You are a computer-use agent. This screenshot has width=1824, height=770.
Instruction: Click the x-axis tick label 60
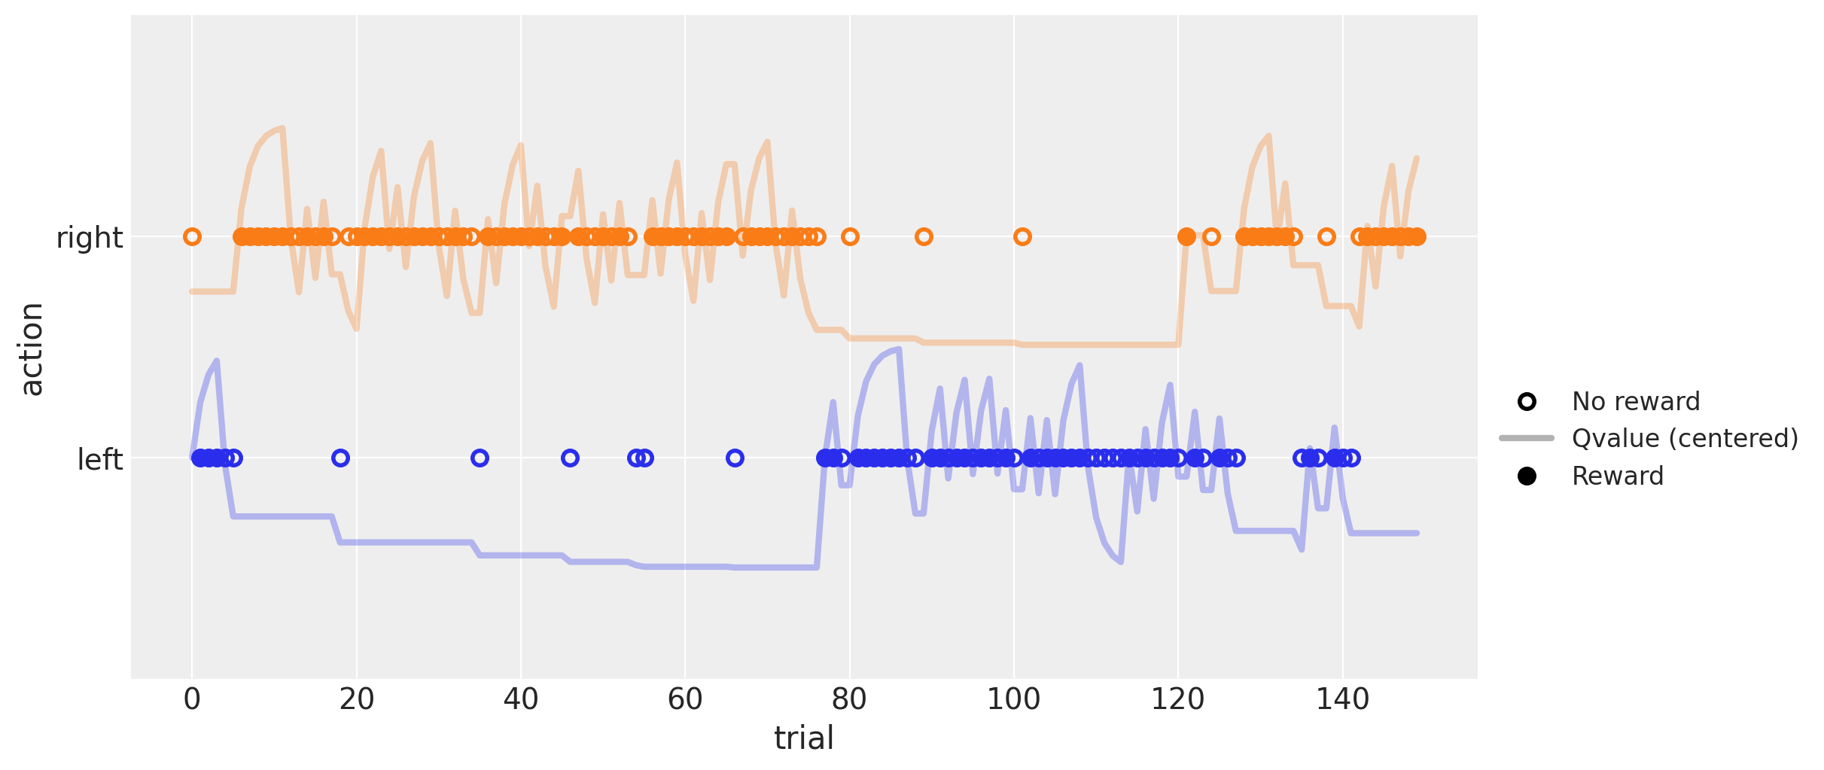(x=684, y=699)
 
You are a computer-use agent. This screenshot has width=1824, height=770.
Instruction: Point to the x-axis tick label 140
(x=1341, y=699)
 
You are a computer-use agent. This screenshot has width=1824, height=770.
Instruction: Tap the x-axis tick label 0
(x=192, y=699)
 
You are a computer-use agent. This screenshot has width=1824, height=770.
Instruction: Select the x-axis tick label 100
(x=1013, y=699)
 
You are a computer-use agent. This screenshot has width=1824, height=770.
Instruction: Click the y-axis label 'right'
(x=90, y=238)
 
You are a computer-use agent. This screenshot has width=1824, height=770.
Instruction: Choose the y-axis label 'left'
(x=99, y=459)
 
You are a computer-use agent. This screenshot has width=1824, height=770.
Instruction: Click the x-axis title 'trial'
(x=803, y=738)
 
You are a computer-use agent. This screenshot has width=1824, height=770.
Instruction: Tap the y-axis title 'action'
(x=32, y=348)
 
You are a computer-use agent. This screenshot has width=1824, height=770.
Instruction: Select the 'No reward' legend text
(x=1635, y=401)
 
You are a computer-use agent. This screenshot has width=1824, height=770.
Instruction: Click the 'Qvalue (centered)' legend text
(x=1685, y=438)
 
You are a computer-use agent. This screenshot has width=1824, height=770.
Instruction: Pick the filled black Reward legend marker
(x=1527, y=476)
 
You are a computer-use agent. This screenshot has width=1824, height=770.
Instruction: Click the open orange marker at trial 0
(x=192, y=237)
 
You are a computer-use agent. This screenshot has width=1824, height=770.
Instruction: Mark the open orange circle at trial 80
(x=850, y=237)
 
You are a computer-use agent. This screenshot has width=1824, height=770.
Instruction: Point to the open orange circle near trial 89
(x=924, y=237)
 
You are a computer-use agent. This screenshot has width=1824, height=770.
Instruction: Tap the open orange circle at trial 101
(x=1022, y=237)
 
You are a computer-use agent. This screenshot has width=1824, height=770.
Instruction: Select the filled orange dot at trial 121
(x=1186, y=237)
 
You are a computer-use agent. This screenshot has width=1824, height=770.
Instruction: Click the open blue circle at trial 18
(x=340, y=458)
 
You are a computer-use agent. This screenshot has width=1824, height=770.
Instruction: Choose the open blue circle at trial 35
(x=480, y=458)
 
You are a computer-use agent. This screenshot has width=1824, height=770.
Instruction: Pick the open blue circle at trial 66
(x=735, y=458)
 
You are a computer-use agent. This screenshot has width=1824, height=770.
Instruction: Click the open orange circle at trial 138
(x=1326, y=237)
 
